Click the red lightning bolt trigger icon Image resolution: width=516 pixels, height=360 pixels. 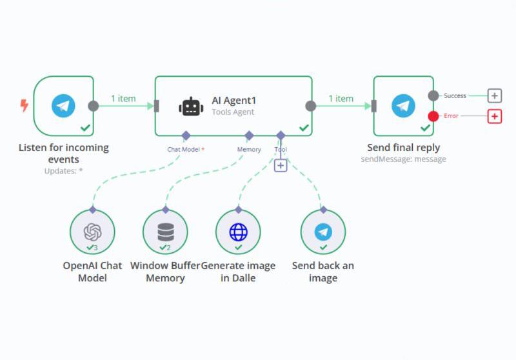pos(25,106)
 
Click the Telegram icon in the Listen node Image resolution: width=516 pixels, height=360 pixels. pos(63,106)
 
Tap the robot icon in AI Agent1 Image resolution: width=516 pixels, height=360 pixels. pos(191,106)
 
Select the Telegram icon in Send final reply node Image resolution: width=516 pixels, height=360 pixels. pos(404,106)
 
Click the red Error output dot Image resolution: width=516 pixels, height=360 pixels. pos(433,116)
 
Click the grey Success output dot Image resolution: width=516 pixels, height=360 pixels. pos(433,95)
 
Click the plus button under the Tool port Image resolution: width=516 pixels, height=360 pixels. pos(281,165)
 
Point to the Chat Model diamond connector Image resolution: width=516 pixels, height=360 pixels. pos(186,135)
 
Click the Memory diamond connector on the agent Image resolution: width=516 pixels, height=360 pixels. pos(248,135)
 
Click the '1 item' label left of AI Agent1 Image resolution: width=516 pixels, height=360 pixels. pos(123,99)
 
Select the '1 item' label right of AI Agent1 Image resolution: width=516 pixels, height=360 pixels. pos(341,99)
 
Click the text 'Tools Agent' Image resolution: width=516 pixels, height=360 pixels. pos(233,112)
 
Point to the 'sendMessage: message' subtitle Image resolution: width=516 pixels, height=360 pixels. pos(403,159)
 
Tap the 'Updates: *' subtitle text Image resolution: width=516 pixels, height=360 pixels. pos(63,171)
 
